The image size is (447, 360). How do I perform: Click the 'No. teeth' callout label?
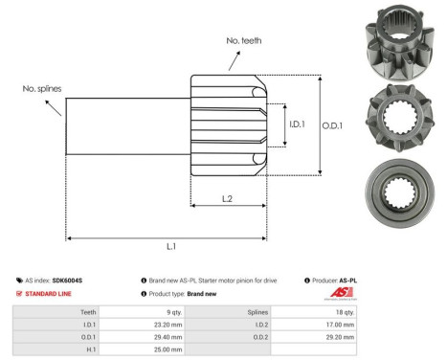(x=243, y=41)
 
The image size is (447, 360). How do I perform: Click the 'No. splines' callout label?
(x=42, y=88)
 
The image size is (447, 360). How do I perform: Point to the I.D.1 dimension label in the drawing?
(x=297, y=123)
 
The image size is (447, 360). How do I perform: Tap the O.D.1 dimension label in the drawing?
(x=332, y=124)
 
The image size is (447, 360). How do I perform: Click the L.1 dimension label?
(x=171, y=247)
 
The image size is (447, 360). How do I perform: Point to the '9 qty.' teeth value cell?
(x=172, y=312)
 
